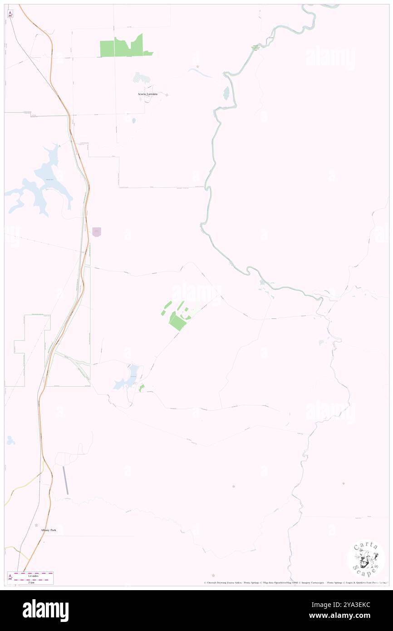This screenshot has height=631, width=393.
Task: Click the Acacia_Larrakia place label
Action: pyautogui.click(x=147, y=94)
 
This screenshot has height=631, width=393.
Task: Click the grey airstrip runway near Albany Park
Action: pyautogui.click(x=66, y=480)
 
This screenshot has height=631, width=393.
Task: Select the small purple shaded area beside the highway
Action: pyautogui.click(x=96, y=232)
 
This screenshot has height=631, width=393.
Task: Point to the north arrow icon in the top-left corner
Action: pyautogui.click(x=10, y=15)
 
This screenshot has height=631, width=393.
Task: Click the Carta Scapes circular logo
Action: pyautogui.click(x=366, y=559)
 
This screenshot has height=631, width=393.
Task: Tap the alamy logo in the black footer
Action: pyautogui.click(x=45, y=610)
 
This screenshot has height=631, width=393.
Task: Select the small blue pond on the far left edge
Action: pyautogui.click(x=10, y=440)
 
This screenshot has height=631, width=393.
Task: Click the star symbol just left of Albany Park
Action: pyautogui.click(x=37, y=525)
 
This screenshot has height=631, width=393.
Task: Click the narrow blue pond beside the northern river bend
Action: pyautogui.click(x=226, y=93)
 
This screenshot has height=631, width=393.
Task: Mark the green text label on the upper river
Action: pyautogui.click(x=255, y=48)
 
